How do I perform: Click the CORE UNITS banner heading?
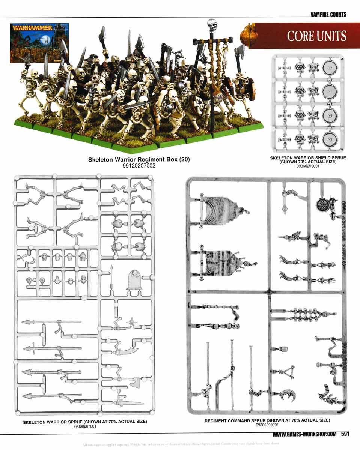click(x=316, y=36)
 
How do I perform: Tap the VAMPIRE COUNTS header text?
click(x=328, y=15)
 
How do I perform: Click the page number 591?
click(x=346, y=434)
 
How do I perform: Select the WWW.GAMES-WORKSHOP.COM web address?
click(x=304, y=434)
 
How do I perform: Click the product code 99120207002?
click(x=139, y=165)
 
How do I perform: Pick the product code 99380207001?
click(x=85, y=426)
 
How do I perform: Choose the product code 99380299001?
click(x=267, y=425)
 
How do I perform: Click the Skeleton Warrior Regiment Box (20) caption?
click(x=139, y=159)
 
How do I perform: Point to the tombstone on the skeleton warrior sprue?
click(x=134, y=280)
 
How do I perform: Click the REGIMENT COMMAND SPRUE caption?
click(x=267, y=420)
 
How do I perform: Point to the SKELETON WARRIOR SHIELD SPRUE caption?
click(x=308, y=160)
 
